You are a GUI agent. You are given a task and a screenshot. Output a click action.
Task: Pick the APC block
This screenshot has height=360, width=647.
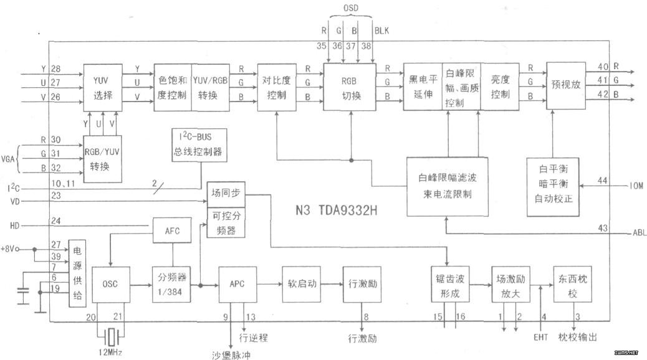[x=237, y=284]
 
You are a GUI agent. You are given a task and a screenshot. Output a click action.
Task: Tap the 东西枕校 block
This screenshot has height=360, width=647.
[x=572, y=285]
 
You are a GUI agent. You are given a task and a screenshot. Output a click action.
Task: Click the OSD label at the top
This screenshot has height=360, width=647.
[x=351, y=9]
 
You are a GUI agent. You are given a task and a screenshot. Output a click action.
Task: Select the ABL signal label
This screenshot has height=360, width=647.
[x=638, y=233]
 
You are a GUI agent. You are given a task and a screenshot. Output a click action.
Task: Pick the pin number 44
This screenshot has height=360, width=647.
[x=602, y=181]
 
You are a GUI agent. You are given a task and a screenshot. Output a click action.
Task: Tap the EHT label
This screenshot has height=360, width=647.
[x=540, y=338]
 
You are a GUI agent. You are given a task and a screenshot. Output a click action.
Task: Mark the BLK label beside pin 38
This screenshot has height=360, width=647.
[x=381, y=30]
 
